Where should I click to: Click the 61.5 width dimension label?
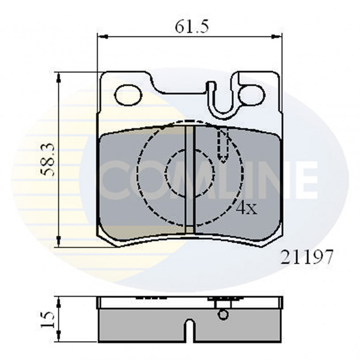pos(192,26)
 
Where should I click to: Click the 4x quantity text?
pos(247,208)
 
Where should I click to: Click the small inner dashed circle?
pos(190,174)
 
